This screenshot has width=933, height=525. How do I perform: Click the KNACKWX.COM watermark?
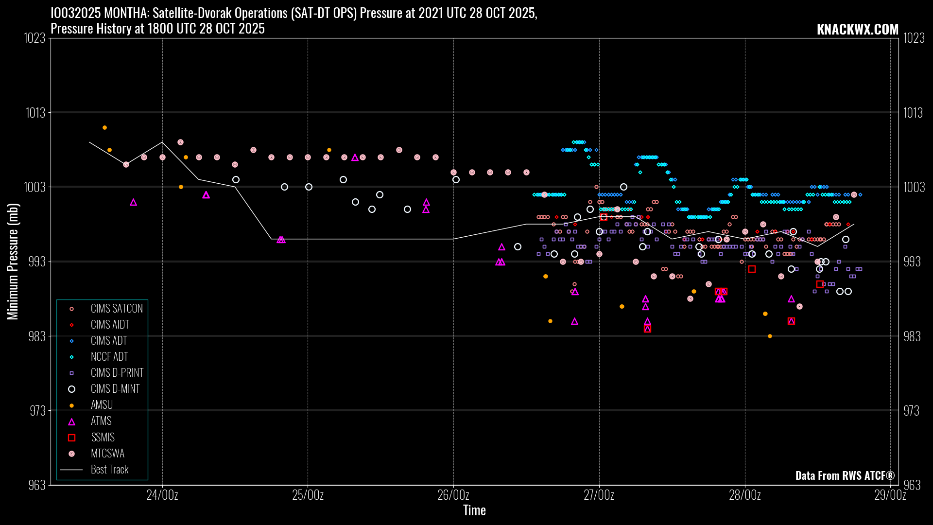coord(857,29)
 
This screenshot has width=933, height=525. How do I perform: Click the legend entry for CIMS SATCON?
coord(116,309)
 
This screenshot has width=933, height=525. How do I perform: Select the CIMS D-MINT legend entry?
coord(115,389)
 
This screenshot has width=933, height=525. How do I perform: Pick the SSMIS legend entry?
coord(103,437)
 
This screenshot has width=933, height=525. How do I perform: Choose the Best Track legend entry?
coord(109,470)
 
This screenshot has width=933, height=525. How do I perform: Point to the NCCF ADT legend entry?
coord(109,357)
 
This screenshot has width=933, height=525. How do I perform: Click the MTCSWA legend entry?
coord(107,454)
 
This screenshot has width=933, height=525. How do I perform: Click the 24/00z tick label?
coord(162,495)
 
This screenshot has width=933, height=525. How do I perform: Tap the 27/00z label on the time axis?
coord(599,495)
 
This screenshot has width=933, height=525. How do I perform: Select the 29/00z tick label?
coord(890,495)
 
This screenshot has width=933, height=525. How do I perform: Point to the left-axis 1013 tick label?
coord(35,113)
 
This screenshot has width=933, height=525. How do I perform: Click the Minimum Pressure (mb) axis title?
coord(13,262)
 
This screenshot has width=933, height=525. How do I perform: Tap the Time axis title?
coord(474,510)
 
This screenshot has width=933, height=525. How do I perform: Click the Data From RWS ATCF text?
coord(845,475)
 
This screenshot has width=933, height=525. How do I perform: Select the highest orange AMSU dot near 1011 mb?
coord(104,128)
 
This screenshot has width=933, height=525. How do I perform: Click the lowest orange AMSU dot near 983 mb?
coord(770,336)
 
